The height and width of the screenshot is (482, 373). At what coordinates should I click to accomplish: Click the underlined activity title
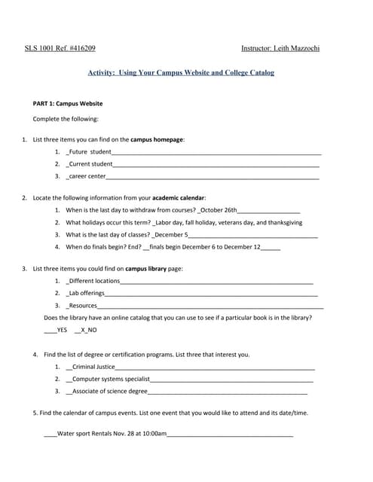[x=181, y=73]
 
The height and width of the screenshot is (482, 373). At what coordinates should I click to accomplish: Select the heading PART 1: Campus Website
[x=68, y=104]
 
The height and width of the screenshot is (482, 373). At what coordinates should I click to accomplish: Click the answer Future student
[x=90, y=152]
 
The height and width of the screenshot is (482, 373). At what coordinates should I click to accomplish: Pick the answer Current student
[x=91, y=163]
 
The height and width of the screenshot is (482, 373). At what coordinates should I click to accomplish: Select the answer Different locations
[x=94, y=281]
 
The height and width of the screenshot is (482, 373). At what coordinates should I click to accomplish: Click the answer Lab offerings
[x=87, y=293]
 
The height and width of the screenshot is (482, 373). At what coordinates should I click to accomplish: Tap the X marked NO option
[x=87, y=330]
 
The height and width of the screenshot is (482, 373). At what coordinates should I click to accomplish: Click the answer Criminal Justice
[x=94, y=367]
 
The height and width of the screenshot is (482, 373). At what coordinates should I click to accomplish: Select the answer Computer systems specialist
[x=112, y=379]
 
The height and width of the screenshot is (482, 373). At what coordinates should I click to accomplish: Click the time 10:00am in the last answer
[x=154, y=434]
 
